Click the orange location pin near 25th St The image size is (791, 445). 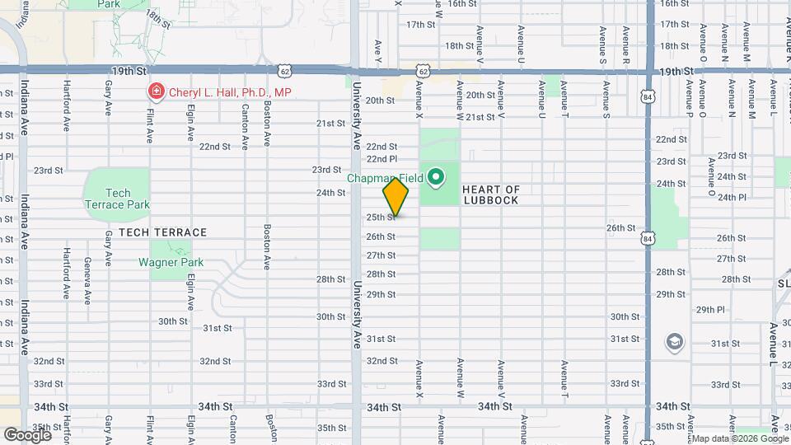[x=395, y=197]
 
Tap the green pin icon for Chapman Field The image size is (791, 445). [x=435, y=176]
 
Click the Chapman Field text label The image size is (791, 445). [x=384, y=177]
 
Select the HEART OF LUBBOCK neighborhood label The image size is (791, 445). [x=491, y=194]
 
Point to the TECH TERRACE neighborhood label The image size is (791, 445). [x=162, y=232]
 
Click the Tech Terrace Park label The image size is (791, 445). [x=117, y=199]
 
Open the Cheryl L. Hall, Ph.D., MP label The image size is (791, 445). [x=230, y=92]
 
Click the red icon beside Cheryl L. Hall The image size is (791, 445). [x=154, y=92]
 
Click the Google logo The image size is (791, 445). [x=27, y=434]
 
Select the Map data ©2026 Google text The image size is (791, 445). [x=731, y=438]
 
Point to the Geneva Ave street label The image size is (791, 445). [x=87, y=278]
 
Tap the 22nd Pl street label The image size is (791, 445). [x=381, y=158]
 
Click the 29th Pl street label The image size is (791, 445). [x=709, y=310]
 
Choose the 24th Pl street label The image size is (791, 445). [x=731, y=197]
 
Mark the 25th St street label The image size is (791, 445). [x=381, y=217]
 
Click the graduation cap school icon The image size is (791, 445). [x=675, y=341]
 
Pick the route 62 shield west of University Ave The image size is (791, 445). [x=284, y=72]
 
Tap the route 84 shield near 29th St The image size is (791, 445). [x=650, y=239]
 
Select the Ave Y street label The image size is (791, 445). [x=378, y=50]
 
